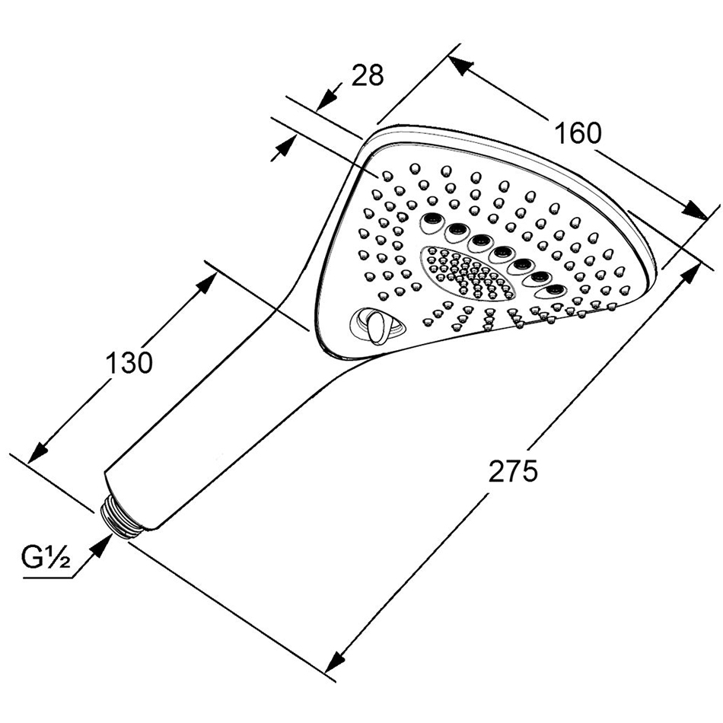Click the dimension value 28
pos(368,75)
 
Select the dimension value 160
pos(577,132)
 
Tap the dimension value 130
pos(129,362)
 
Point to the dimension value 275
pos(512,471)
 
